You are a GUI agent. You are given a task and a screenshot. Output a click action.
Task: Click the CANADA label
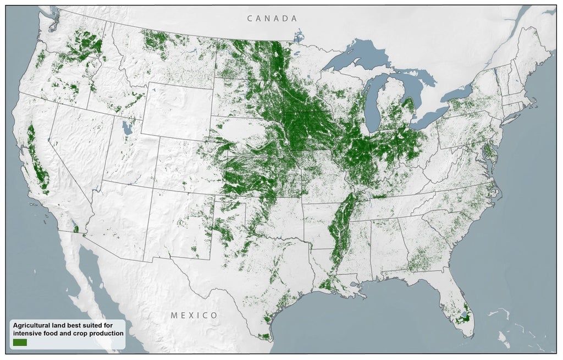(x=272, y=19)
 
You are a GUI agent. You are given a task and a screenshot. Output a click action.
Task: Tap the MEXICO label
(x=194, y=315)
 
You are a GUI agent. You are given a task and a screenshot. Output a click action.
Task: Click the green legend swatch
(x=20, y=342)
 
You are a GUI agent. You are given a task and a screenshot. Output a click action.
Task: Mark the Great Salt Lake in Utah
(x=128, y=129)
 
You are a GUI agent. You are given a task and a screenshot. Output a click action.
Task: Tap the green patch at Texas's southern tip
(x=264, y=336)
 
